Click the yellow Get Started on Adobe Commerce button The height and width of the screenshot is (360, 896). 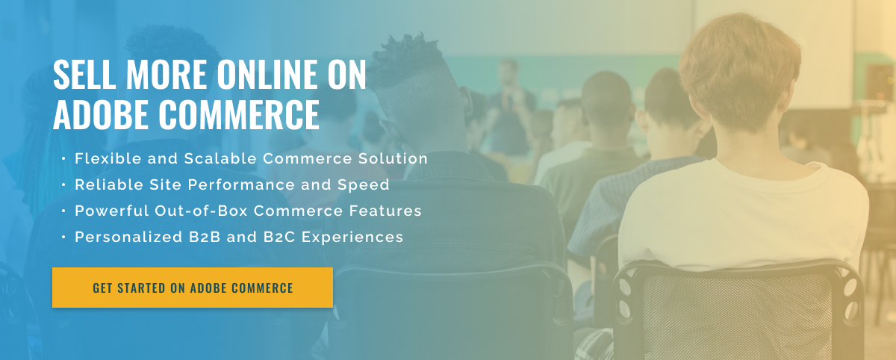[193, 288]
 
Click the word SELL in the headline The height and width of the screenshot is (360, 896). [84, 74]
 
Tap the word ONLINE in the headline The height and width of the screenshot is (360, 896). [267, 74]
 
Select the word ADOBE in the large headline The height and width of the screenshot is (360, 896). [103, 114]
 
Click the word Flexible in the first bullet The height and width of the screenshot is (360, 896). [108, 158]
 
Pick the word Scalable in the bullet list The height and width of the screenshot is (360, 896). [220, 158]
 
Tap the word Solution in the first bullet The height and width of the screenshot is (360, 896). [393, 158]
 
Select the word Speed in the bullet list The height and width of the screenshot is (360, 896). [363, 184]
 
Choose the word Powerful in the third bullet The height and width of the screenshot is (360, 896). [111, 211]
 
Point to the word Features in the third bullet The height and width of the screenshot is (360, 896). [385, 211]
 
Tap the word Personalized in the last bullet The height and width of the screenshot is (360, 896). [128, 237]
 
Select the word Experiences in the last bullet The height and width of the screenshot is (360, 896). [352, 238]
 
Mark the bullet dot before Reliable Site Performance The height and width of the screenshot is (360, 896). [63, 184]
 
